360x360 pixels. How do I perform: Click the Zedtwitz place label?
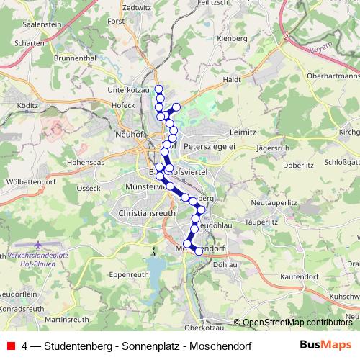(137, 7)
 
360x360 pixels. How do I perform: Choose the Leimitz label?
(242, 133)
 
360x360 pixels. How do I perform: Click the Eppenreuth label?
(130, 274)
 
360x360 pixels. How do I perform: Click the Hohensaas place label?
(87, 163)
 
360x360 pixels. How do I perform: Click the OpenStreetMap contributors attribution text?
(297, 323)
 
